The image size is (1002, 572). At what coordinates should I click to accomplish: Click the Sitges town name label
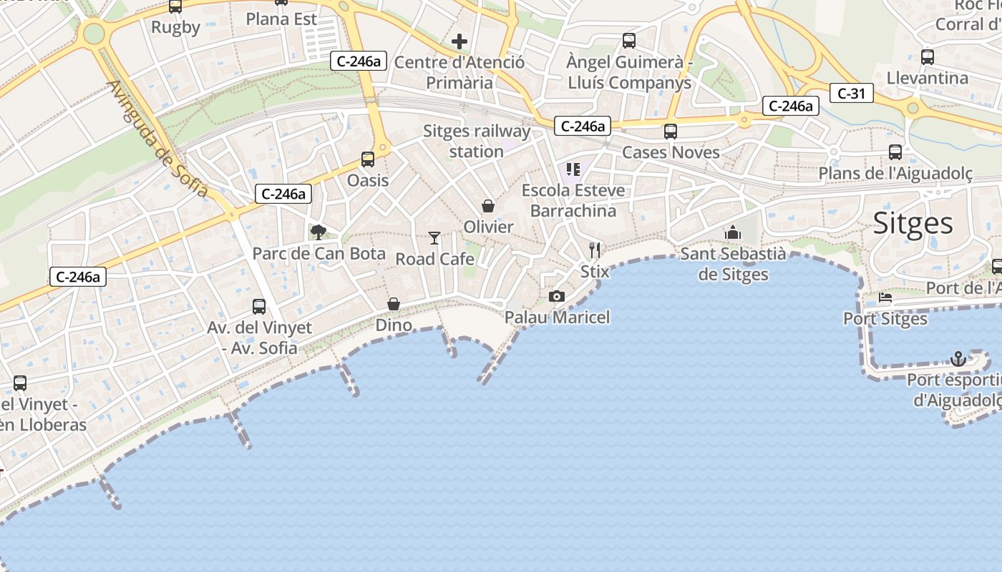[913, 224]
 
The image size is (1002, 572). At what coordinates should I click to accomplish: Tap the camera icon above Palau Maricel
[556, 296]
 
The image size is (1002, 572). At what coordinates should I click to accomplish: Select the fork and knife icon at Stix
[595, 250]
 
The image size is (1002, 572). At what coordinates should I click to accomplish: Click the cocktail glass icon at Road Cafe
[434, 237]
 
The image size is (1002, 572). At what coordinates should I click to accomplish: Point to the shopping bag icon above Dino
[393, 304]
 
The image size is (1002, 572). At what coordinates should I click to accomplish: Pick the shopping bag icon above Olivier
[488, 206]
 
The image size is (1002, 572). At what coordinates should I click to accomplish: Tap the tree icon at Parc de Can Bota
[318, 232]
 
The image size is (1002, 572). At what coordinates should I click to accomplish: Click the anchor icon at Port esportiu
[958, 358]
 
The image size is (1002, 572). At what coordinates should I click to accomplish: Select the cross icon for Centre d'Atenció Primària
[459, 41]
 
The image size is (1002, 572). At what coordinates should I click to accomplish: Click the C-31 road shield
[852, 93]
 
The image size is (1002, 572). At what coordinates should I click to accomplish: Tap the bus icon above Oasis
[368, 159]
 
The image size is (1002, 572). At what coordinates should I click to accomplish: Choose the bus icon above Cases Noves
[671, 132]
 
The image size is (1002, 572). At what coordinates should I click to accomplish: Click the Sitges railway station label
[477, 141]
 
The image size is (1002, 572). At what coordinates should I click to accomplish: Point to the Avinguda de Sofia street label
[157, 139]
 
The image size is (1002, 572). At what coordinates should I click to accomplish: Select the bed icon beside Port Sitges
[885, 297]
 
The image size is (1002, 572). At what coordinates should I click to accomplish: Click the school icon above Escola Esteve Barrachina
[573, 169]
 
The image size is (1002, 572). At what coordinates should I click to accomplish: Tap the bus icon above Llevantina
[928, 57]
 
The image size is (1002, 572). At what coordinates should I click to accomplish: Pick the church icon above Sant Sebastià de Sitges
[732, 232]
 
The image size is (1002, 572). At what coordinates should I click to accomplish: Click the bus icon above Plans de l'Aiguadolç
[895, 152]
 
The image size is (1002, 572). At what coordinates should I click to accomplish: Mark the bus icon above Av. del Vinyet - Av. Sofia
[259, 307]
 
